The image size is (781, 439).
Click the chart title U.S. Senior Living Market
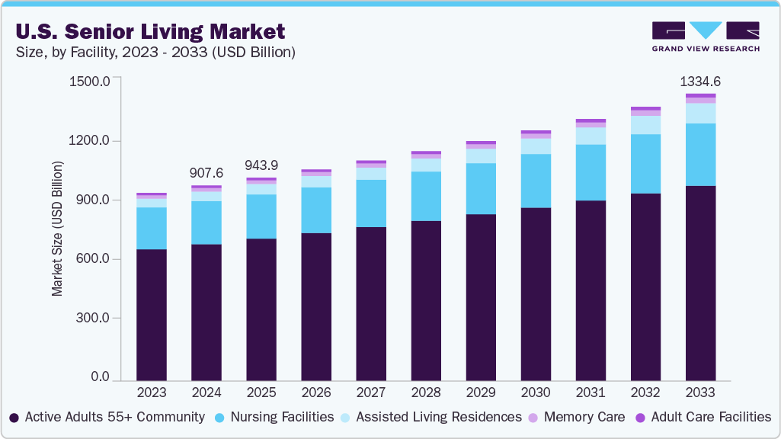point(149,31)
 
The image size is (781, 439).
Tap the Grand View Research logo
point(705,37)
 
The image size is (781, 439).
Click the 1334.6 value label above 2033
point(699,82)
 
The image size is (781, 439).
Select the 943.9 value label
point(261,165)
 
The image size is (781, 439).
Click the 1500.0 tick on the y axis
point(90,81)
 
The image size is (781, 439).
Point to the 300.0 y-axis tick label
point(93,318)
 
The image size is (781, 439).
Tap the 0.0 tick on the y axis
point(101,377)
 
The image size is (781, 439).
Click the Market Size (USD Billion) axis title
point(57,229)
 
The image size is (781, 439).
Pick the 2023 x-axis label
point(151,393)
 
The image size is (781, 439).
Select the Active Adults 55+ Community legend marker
point(14,418)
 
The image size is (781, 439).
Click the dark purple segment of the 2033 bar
point(699,282)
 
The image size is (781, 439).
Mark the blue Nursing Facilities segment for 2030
point(535,181)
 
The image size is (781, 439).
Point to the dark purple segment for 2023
point(151,314)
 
